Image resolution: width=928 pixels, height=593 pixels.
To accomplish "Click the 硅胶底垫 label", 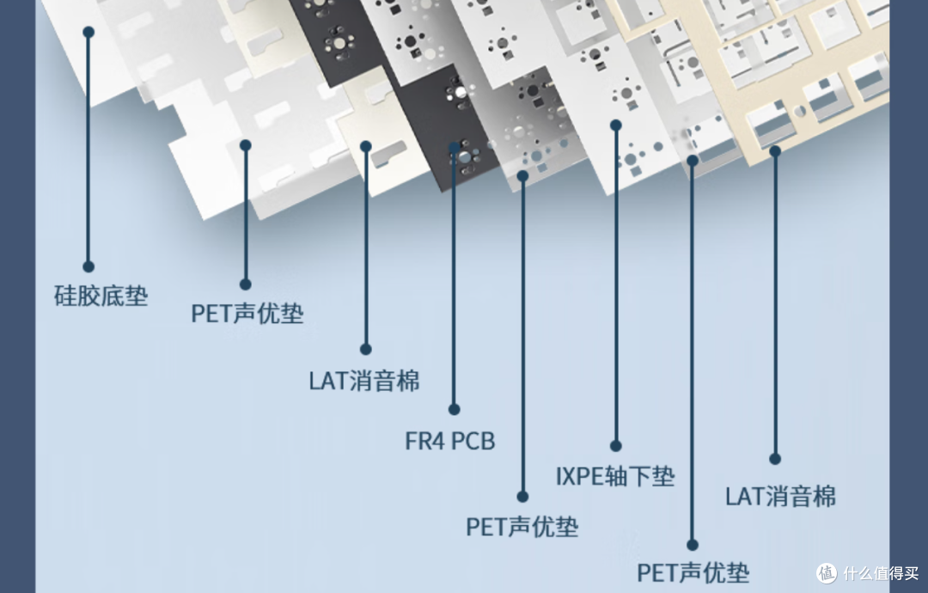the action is coord(101,296).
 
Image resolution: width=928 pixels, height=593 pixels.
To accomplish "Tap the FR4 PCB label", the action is coord(449,441).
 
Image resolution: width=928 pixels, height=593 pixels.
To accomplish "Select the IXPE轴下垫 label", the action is coord(615,476).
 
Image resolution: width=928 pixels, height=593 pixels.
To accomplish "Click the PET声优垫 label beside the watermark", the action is coord(693,572).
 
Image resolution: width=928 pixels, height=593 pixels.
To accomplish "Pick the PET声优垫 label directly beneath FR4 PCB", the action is coord(522,527).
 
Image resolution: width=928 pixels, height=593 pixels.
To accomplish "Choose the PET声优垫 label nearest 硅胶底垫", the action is coord(247,313).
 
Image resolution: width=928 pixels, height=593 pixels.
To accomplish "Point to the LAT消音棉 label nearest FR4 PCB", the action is coord(364,381).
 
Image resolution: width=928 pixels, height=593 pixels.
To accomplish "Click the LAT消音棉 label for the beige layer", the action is coord(780,496).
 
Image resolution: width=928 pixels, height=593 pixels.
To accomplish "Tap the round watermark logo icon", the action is coord(827,573).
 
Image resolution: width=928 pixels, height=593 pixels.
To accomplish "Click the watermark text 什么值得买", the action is coord(881,573).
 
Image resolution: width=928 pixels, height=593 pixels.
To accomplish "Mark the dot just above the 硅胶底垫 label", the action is coord(89,267).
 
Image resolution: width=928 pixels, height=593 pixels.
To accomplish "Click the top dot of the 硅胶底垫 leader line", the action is coord(89,32).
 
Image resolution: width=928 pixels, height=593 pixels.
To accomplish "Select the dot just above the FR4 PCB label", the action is coord(454,409).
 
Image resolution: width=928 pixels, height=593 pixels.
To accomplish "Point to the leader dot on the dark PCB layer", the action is coord(454,147).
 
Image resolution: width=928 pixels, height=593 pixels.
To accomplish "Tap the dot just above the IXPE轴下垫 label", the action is coord(615,446).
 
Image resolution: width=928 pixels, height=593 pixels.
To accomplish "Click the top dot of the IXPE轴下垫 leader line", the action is coord(615,125).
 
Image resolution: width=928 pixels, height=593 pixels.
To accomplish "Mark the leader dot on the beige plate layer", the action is coord(775,151).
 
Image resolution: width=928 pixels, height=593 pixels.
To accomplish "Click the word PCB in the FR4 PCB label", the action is coord(473,441).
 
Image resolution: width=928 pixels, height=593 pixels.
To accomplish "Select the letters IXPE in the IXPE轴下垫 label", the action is coord(579,476).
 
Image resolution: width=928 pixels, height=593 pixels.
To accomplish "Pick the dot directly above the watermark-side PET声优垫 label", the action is coord(693,545).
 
